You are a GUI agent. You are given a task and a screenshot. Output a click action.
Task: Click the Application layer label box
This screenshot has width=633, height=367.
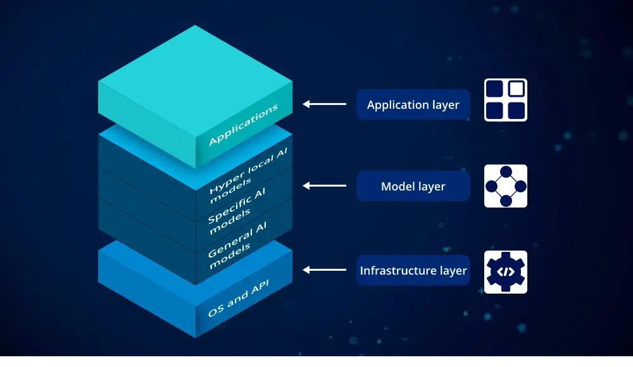coord(413,104)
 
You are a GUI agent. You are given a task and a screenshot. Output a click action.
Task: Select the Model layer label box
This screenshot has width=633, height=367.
coord(413,186)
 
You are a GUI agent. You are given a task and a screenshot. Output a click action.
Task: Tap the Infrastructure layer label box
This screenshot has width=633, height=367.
coord(413,271)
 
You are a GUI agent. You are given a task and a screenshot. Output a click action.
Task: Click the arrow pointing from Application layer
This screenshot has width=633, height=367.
coord(325,104)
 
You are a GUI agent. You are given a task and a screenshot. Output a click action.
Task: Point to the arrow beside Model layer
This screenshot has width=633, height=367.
coord(325,185)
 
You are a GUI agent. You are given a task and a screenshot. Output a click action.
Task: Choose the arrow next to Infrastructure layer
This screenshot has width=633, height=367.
coord(325,270)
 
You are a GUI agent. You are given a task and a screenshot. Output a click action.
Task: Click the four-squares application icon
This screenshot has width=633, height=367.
coord(506,100)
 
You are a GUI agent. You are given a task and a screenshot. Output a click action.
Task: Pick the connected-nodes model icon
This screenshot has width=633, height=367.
coord(506,186)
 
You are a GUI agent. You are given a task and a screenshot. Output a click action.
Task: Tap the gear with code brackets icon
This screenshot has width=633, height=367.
coord(506,272)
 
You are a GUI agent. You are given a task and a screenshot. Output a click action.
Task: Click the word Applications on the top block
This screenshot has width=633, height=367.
coord(244,125)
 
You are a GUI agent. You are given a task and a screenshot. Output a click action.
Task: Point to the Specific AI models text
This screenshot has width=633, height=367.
coord(237,211)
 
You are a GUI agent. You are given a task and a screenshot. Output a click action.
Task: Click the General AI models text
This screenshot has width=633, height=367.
coord(238,246)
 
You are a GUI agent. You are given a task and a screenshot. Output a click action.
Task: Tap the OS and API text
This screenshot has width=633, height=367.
coord(239,299)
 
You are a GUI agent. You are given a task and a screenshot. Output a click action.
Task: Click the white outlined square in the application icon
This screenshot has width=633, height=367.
coord(517,89)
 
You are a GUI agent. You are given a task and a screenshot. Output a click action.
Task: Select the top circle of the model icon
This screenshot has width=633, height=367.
coord(506,171)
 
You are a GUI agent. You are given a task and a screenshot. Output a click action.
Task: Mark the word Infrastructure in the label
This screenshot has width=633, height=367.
coord(389,271)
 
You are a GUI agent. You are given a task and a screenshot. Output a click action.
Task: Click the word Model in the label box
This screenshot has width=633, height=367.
coord(396,186)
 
